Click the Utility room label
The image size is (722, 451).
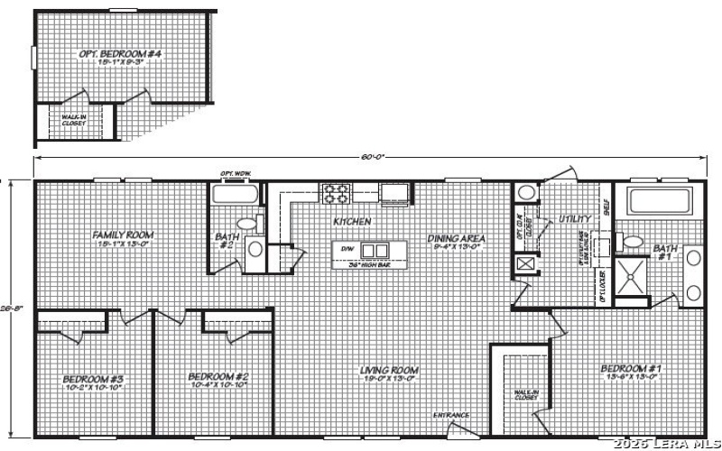tap(575, 218)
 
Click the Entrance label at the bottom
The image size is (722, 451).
tap(451, 415)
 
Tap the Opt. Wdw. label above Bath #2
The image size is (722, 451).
tap(235, 173)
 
